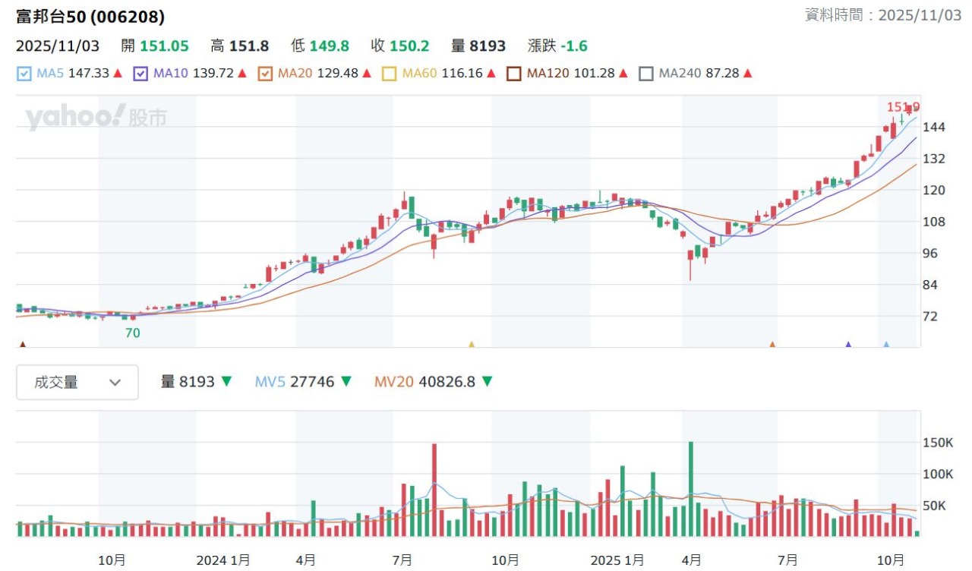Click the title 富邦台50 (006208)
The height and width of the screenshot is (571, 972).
coord(90,17)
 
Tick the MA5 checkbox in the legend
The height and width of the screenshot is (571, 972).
coord(24,74)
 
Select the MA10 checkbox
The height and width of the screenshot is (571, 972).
coord(140,74)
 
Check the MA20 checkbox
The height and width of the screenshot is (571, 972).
coord(265,74)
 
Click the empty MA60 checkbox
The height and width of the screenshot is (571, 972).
coord(390,74)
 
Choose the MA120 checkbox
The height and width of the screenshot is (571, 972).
coord(514,74)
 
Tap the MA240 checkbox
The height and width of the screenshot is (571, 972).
coord(646,74)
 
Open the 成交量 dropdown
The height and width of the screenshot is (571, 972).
coord(77,382)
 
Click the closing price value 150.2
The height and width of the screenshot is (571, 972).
coord(409,46)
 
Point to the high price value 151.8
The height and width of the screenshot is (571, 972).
coord(249,46)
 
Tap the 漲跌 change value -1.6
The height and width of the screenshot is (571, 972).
coord(574,46)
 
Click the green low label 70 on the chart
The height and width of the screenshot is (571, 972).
coord(133,333)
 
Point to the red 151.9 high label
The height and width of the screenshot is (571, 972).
coord(903,107)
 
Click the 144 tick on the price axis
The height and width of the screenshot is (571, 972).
coord(934,127)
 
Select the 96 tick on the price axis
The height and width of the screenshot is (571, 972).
coord(934,254)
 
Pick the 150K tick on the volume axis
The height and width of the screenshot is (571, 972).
coord(938,443)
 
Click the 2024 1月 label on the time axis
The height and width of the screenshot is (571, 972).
coord(223,560)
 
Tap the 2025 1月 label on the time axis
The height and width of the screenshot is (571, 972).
coord(617,560)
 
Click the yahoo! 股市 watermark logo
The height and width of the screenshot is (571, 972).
coord(96,118)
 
